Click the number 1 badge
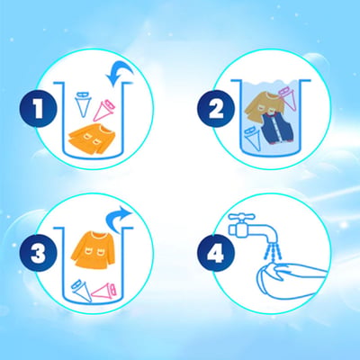click(38, 109)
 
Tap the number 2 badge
click(216, 109)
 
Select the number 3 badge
click(38, 253)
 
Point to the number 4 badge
click(216, 253)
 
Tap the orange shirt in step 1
click(91, 139)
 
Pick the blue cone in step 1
click(83, 103)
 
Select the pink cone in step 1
click(104, 111)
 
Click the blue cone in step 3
click(81, 291)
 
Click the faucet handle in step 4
click(241, 217)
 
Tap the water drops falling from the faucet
click(273, 251)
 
